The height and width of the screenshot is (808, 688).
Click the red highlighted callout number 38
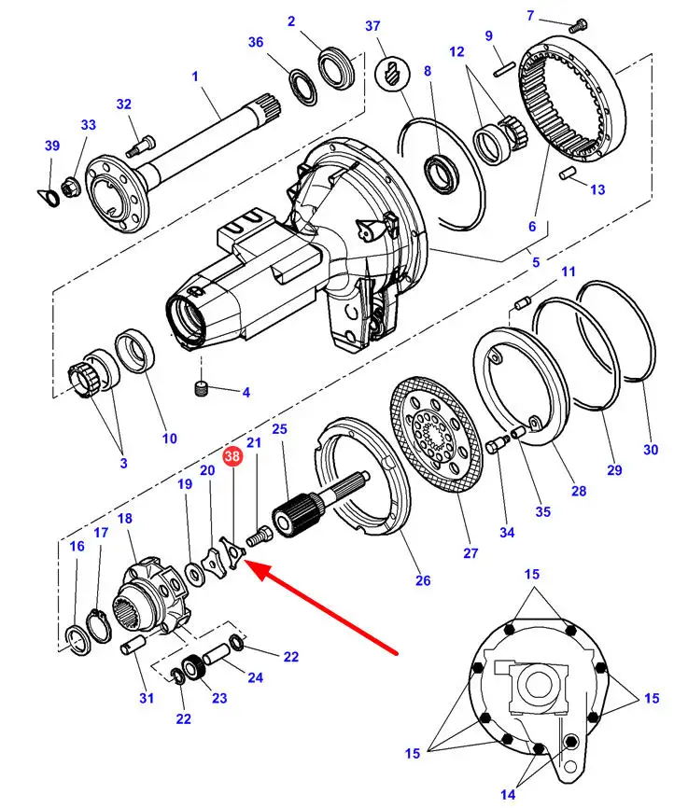coord(232,457)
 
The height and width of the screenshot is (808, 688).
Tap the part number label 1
coord(195,76)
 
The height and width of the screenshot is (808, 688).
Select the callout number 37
coord(373,25)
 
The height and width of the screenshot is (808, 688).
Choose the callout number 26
coord(423,580)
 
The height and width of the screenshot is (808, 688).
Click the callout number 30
coord(650,450)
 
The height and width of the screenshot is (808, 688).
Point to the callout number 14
coord(507,795)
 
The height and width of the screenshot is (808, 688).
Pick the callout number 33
coord(88,124)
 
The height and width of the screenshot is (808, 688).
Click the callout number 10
coord(169,439)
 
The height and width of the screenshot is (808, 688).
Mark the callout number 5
coord(535,263)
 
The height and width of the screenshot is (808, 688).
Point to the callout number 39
coord(51,145)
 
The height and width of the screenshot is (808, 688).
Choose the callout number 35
coord(542,511)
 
